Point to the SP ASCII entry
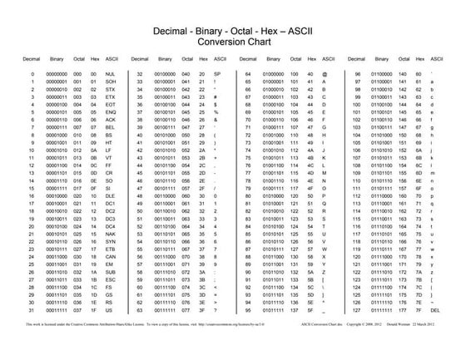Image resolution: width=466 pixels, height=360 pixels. pyautogui.click(x=216, y=97)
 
